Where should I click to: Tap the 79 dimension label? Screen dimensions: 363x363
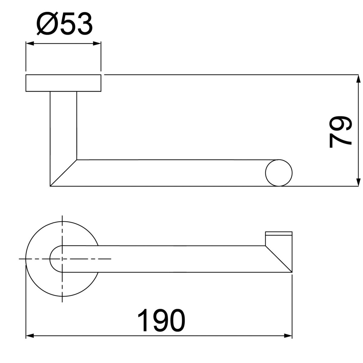(x=340, y=132)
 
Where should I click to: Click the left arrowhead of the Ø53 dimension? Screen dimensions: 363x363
(x=30, y=44)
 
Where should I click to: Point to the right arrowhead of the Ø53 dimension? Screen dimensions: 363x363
(x=97, y=44)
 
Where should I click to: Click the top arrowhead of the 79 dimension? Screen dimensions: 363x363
(x=358, y=79)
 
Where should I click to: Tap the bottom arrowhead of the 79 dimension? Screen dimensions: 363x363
(x=358, y=182)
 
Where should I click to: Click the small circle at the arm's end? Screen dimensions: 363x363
(x=279, y=173)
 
